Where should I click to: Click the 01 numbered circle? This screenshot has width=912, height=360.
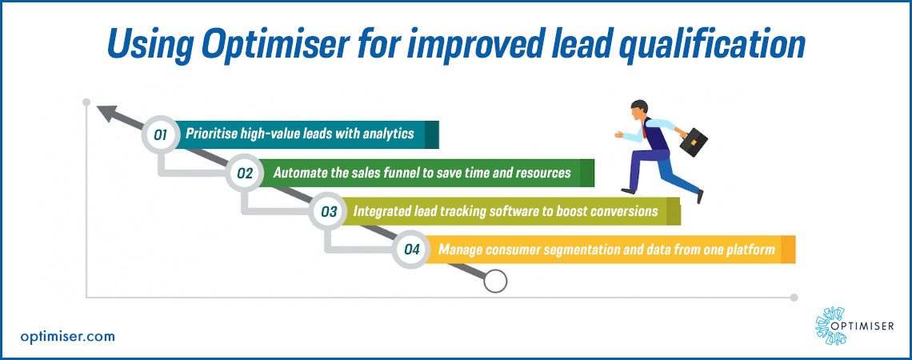[x=161, y=135]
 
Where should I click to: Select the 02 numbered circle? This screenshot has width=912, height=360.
[x=245, y=173]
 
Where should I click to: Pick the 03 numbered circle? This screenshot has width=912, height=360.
[x=329, y=211]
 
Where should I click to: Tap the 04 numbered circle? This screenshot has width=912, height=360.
[x=412, y=250]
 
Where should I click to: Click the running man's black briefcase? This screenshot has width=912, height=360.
[x=694, y=142]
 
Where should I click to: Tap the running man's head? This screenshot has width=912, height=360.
[x=639, y=110]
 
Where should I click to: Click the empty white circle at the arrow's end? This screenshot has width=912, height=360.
[x=495, y=282]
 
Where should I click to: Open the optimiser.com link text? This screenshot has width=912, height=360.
[x=67, y=336]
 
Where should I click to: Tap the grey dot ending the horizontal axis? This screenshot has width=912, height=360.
[x=794, y=297]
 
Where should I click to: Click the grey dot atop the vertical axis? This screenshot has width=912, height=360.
[x=86, y=102]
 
